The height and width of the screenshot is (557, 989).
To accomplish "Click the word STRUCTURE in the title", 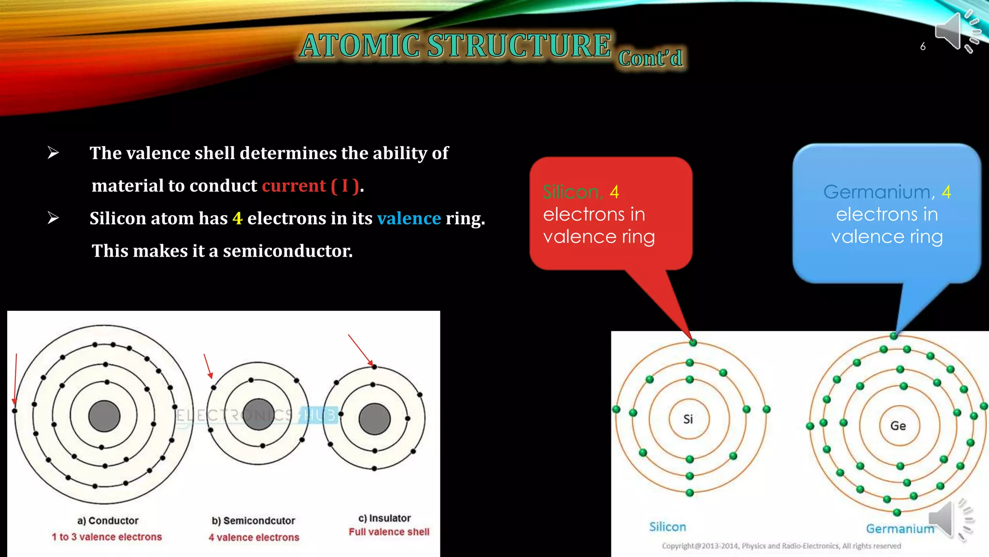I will pos(519,45).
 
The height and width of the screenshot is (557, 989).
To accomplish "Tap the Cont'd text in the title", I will pos(650,59).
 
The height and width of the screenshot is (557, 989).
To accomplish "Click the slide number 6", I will pos(922,47).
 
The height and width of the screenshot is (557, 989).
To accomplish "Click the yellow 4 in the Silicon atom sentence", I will pos(237,219).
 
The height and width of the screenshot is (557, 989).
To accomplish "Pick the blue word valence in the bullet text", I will pos(409,219).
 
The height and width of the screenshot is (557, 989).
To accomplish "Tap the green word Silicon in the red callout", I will pos(572,192).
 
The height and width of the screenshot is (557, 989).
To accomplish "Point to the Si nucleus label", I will pos(688,419).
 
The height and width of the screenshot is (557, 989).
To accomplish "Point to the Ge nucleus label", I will pos(898,426).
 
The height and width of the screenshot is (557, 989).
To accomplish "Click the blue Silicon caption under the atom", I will pos(667,527).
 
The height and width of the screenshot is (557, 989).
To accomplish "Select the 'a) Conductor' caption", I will pos(108,521).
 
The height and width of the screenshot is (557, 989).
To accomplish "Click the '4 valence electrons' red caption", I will pos(254,537).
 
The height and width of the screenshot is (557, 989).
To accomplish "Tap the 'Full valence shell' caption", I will pos(389,532).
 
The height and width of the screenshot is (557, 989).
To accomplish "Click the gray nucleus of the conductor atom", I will pos(104,416).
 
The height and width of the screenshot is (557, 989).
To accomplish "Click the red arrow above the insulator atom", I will pos(360,350).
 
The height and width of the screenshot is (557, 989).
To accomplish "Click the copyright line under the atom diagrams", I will pos(781,546).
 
